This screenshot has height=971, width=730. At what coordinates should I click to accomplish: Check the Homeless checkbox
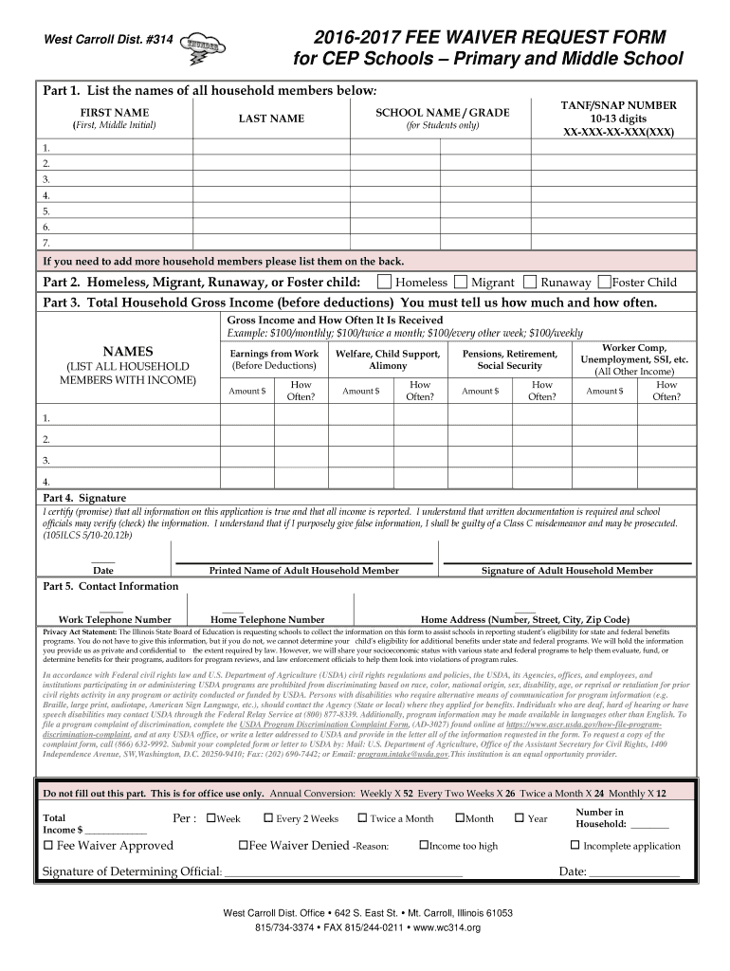point(384,282)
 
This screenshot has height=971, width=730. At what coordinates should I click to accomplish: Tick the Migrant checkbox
point(460,282)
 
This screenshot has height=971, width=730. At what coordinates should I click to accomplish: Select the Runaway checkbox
point(530,282)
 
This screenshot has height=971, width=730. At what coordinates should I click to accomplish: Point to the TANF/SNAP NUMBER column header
point(618,105)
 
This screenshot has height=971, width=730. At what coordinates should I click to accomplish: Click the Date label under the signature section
point(102,571)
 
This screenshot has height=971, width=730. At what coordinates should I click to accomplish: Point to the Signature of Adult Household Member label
point(567,571)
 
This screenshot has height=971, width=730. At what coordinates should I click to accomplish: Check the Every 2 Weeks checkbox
point(268,818)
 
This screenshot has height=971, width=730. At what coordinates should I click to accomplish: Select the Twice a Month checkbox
point(362,818)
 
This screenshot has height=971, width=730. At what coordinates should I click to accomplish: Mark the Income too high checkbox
point(422,846)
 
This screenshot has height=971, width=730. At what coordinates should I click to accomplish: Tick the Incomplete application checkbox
point(575,846)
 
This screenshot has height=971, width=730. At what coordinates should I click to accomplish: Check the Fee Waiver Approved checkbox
point(48,846)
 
